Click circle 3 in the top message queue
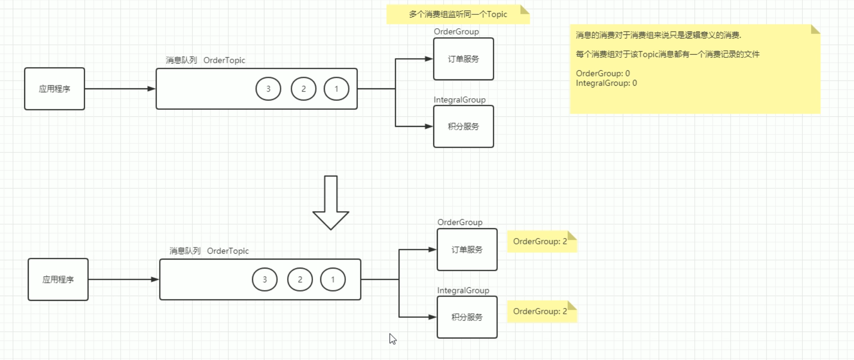pyautogui.click(x=268, y=89)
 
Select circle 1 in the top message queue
pyautogui.click(x=336, y=89)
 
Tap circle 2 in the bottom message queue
pyautogui.click(x=300, y=279)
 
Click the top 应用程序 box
pyautogui.click(x=54, y=89)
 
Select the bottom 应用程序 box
pyautogui.click(x=58, y=279)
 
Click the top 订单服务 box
pyautogui.click(x=463, y=59)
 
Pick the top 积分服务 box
pyautogui.click(x=463, y=126)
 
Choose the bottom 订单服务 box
pyautogui.click(x=467, y=250)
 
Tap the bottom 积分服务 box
pyautogui.click(x=467, y=317)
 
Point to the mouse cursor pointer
pyautogui.click(x=392, y=338)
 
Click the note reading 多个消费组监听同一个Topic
pyautogui.click(x=457, y=14)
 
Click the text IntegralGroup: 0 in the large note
pyautogui.click(x=606, y=83)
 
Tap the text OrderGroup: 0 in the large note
pyautogui.click(x=602, y=73)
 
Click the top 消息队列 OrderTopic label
pyautogui.click(x=205, y=60)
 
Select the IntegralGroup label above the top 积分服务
pyautogui.click(x=459, y=100)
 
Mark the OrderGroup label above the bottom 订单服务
pyautogui.click(x=460, y=222)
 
